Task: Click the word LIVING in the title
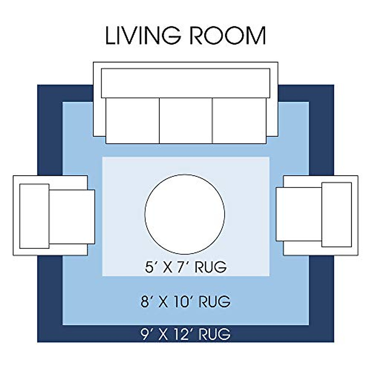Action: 143,36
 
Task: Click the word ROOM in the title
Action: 229,36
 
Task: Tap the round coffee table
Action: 185,214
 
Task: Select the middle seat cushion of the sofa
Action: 186,121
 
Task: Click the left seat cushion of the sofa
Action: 133,121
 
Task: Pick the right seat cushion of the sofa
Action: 239,121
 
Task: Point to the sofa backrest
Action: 185,83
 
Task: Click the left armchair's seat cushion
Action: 72,217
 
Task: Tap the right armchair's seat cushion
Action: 299,214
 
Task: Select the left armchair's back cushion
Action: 34,216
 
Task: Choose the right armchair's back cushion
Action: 337,215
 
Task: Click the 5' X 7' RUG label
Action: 185,267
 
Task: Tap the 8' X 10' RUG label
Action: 185,302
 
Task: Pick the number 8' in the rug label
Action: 146,302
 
